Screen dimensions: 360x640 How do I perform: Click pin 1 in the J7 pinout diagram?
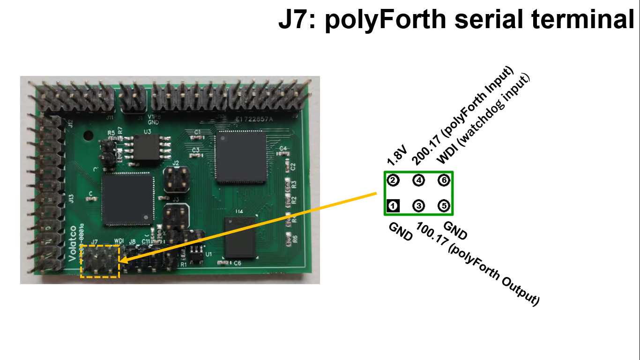click(x=393, y=205)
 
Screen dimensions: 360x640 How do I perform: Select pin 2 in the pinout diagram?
click(x=393, y=180)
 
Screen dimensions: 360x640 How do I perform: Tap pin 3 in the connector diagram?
click(x=418, y=205)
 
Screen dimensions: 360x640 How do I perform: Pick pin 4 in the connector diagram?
click(x=418, y=180)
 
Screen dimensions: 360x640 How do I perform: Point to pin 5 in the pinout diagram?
click(x=444, y=205)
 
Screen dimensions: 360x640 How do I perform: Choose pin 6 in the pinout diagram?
click(x=444, y=180)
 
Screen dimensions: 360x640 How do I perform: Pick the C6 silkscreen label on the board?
click(x=237, y=264)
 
